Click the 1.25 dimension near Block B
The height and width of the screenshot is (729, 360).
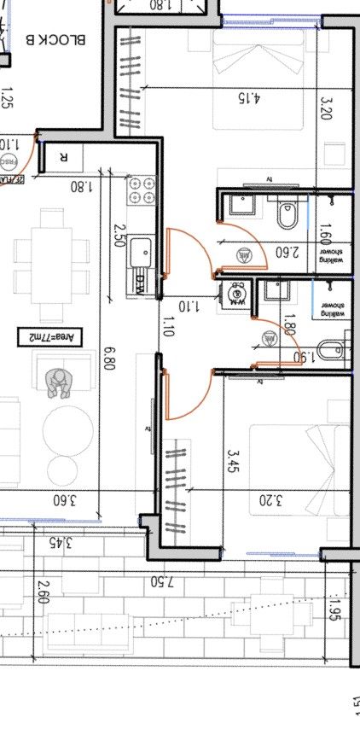8,102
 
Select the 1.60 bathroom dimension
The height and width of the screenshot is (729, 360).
324,234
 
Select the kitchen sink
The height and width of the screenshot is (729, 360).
141,253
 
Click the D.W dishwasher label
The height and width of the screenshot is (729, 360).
140,281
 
